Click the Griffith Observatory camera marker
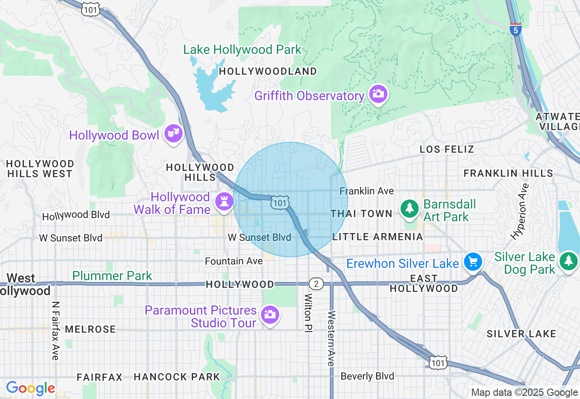point(378,94)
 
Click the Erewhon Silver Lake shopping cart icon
point(473,262)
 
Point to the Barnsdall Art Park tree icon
point(410,209)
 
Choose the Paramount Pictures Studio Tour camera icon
point(270,314)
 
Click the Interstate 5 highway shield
point(515,29)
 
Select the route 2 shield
point(316,284)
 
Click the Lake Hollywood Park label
point(242,49)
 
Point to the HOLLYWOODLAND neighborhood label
point(268,72)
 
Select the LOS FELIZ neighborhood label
point(446,149)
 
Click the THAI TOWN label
point(361,214)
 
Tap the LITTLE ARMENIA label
point(377,237)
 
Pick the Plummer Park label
point(112,276)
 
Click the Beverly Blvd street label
point(367,376)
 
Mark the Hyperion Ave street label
point(519,211)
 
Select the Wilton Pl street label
point(308,313)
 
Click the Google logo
point(30,388)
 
